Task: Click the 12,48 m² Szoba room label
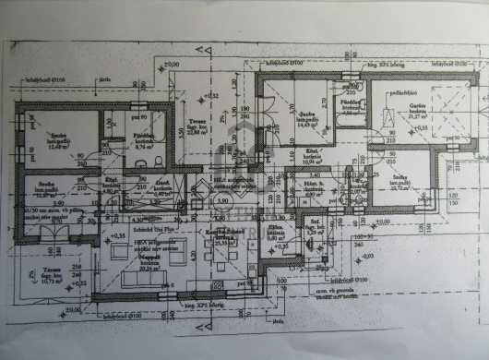(57, 139)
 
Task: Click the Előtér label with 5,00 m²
(276, 234)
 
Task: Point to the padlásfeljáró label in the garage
(400, 91)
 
